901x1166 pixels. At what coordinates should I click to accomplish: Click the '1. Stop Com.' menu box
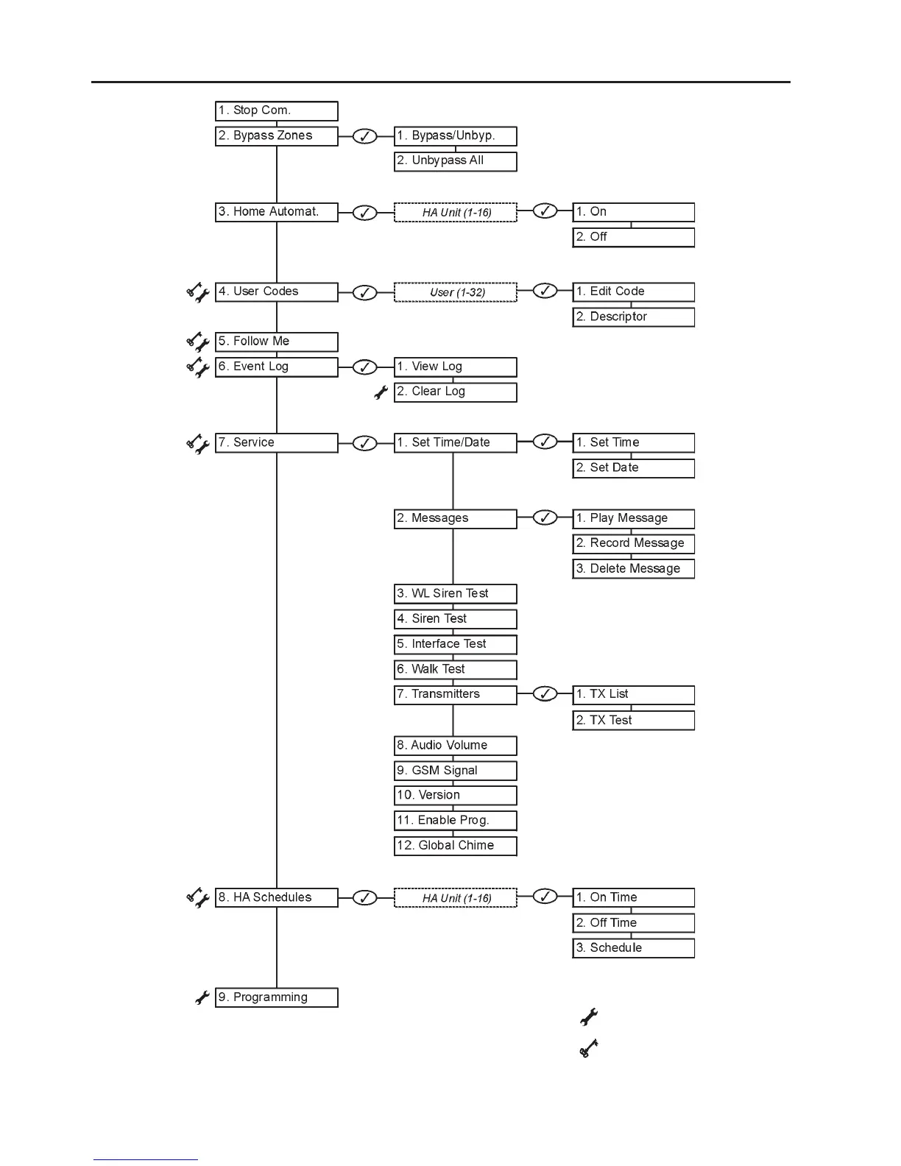tap(276, 111)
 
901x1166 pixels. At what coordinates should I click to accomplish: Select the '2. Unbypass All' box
tap(455, 161)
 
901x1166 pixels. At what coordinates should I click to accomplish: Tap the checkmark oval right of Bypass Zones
tap(364, 137)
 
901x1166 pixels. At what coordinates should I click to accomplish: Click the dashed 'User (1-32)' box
tap(456, 292)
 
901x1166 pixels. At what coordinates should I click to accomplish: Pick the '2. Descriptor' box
tap(633, 317)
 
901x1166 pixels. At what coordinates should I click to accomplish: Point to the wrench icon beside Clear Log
tap(381, 393)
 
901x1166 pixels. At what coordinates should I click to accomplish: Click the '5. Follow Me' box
tap(276, 342)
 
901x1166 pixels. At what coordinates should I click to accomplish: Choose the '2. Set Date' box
tap(633, 468)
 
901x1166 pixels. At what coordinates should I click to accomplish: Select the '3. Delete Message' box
tap(633, 569)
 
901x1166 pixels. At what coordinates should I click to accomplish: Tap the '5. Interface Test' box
tap(455, 644)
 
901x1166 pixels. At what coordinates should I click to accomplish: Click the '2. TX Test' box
tap(633, 721)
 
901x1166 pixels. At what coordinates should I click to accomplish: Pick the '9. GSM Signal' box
tap(455, 771)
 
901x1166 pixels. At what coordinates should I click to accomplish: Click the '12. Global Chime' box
tap(455, 846)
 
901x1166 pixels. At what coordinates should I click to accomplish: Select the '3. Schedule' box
tap(633, 948)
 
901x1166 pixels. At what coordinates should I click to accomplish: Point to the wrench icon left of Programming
tap(202, 998)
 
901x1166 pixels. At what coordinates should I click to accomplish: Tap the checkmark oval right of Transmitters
tap(544, 694)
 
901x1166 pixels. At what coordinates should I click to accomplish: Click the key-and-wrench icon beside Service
tap(197, 444)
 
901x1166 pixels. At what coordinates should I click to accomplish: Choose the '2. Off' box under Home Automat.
tap(633, 238)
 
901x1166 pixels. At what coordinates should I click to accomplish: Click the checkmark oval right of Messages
tap(544, 518)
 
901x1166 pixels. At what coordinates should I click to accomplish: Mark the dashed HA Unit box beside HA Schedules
tap(456, 898)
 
